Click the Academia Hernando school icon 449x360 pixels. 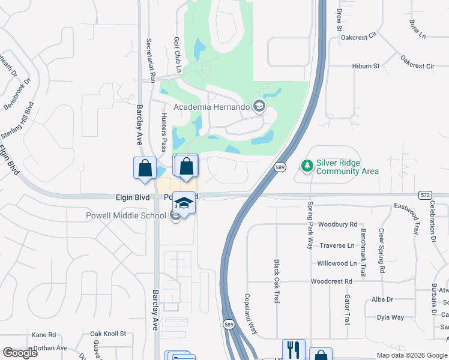(259, 107)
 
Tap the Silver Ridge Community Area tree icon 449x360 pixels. (307, 165)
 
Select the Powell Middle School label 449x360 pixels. (127, 216)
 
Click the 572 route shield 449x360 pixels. (425, 195)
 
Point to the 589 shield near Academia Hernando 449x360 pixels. (280, 167)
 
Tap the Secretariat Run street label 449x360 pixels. (151, 61)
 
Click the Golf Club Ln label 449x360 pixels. (178, 53)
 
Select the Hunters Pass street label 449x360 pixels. (163, 133)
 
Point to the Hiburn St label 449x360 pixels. (366, 66)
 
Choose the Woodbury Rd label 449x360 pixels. (337, 225)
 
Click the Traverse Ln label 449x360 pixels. (337, 246)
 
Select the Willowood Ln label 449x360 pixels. (337, 263)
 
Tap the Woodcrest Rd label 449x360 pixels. (331, 281)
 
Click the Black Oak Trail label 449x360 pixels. (277, 281)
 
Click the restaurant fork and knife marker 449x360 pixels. (294, 348)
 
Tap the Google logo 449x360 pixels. (20, 353)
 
